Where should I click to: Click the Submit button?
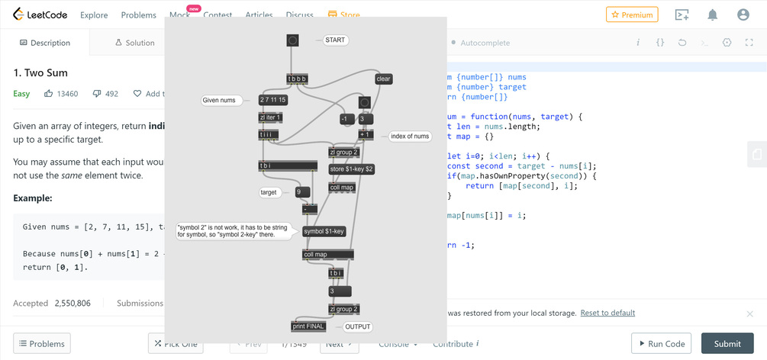[727, 343]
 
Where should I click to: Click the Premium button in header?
[632, 14]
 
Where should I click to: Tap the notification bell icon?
[712, 14]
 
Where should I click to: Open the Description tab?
[45, 43]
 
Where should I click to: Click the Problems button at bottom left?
[42, 343]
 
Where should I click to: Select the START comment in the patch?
[335, 40]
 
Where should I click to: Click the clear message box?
[383, 79]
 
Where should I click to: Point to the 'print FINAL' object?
[308, 326]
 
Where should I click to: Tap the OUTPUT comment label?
[357, 326]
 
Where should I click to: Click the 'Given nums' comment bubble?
[221, 100]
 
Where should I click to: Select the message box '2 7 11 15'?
[272, 100]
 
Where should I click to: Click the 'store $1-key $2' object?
[351, 169]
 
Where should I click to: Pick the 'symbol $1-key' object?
[324, 231]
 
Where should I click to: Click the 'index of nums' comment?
[410, 137]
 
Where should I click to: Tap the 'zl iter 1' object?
[270, 117]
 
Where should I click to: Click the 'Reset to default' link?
[607, 313]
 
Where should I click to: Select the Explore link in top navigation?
[94, 14]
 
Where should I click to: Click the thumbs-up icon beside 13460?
[48, 94]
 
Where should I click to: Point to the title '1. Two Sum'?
[40, 72]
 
